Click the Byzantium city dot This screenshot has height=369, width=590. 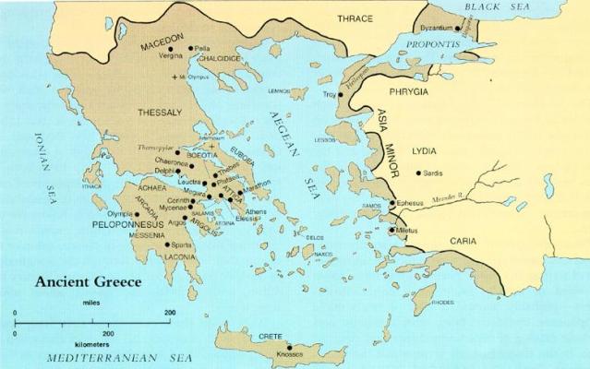point(457,29)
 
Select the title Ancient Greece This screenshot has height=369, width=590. point(89,282)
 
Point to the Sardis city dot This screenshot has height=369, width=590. point(418,173)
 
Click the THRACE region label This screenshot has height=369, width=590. point(355,18)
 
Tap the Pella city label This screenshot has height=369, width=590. point(203,48)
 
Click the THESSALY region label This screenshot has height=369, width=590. point(159,113)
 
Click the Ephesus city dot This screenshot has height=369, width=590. point(391,203)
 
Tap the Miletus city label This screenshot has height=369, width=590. point(409,230)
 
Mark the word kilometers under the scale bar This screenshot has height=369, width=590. point(107,340)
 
